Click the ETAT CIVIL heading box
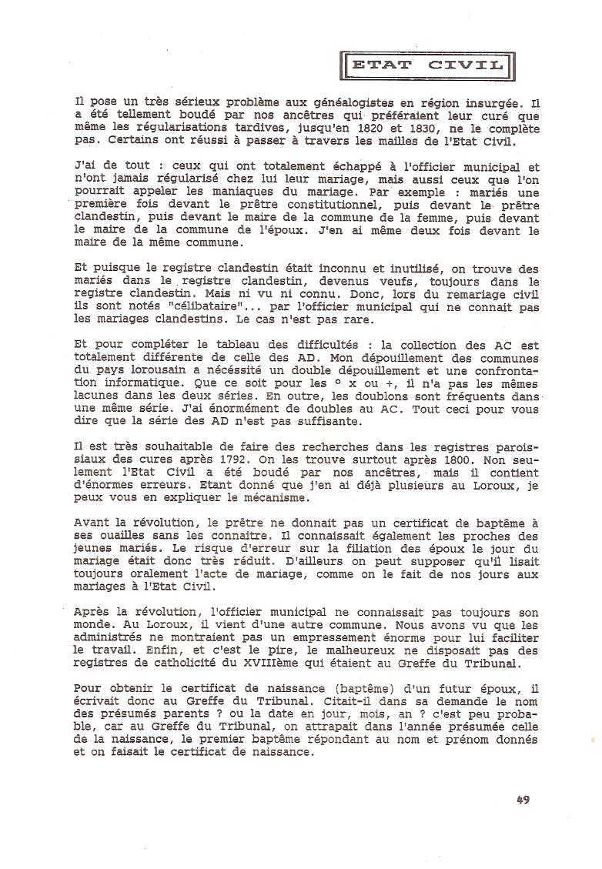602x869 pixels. click(426, 65)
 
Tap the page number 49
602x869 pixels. click(523, 800)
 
